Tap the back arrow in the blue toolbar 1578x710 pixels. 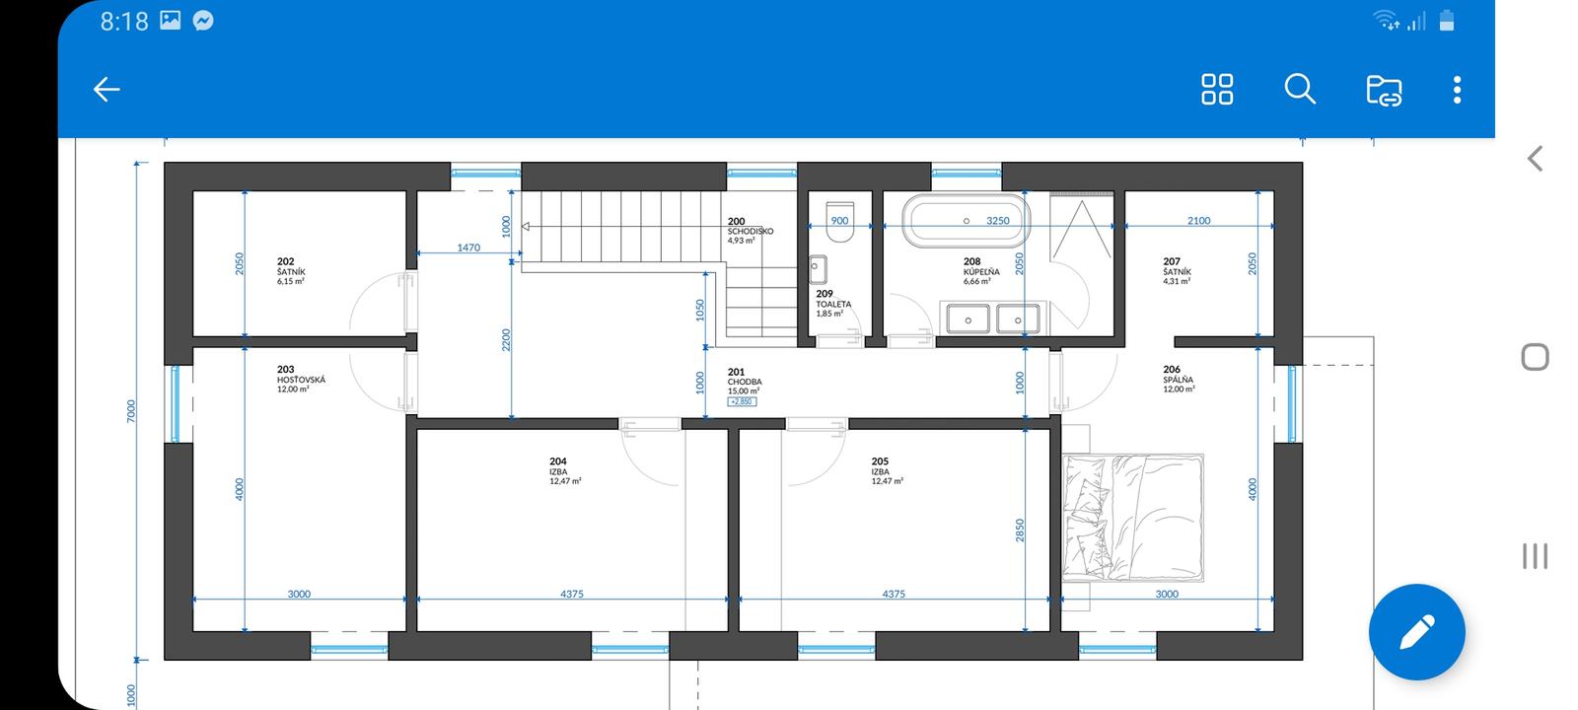click(x=107, y=90)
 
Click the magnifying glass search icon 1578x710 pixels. click(x=1300, y=90)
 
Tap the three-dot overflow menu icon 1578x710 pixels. click(x=1457, y=90)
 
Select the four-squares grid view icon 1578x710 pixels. click(x=1217, y=90)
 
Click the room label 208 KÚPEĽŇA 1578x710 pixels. click(x=981, y=271)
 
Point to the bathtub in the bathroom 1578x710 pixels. click(x=967, y=221)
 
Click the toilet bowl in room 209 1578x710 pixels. click(x=839, y=222)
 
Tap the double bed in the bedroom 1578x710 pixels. click(x=1133, y=518)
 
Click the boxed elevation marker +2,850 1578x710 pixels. click(x=742, y=401)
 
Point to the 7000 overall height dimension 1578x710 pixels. click(x=131, y=410)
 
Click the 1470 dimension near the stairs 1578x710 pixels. click(x=468, y=248)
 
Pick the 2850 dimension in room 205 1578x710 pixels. click(x=1020, y=531)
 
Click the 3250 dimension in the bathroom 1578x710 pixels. click(x=997, y=221)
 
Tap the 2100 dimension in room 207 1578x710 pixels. click(x=1198, y=221)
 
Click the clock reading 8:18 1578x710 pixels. click(x=124, y=22)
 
